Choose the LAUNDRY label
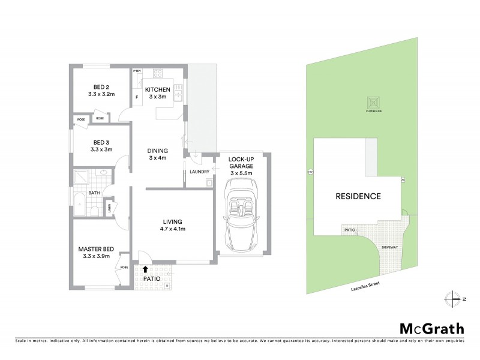[x=199, y=172]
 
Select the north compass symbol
[x=454, y=298]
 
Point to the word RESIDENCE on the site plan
[x=358, y=196]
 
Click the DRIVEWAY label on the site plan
[x=390, y=247]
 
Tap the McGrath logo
[x=432, y=328]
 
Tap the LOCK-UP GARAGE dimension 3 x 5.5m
[x=240, y=173]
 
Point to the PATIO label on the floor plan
[x=152, y=278]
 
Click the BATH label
[x=94, y=193]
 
